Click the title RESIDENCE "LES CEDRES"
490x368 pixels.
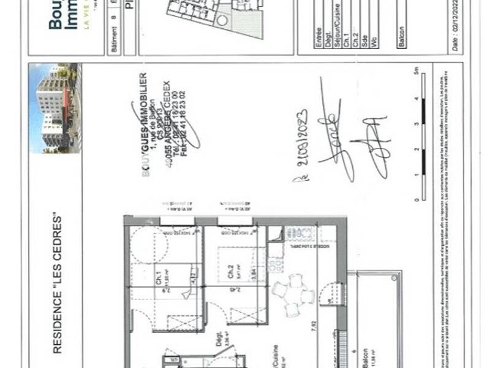click(57, 283)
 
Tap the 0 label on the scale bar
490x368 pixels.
click(416, 200)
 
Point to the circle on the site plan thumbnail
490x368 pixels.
click(222, 20)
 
